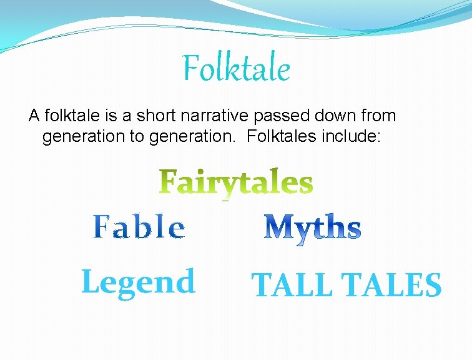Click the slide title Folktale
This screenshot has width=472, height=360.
click(236, 69)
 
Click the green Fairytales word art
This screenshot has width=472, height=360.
click(236, 182)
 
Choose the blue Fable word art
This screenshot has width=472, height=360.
click(139, 227)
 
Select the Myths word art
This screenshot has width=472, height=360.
click(312, 228)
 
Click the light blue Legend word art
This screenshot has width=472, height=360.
click(138, 282)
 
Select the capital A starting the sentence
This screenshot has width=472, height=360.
click(33, 116)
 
